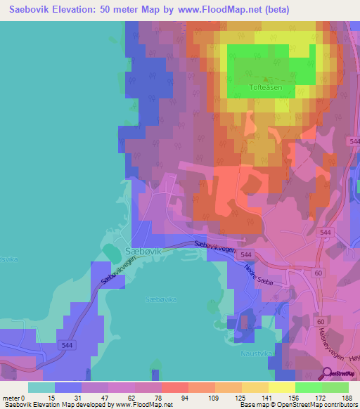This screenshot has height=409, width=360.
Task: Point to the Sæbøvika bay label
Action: (161, 299)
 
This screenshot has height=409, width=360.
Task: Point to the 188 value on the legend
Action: (347, 398)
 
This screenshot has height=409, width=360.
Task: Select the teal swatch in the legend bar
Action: (41, 387)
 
